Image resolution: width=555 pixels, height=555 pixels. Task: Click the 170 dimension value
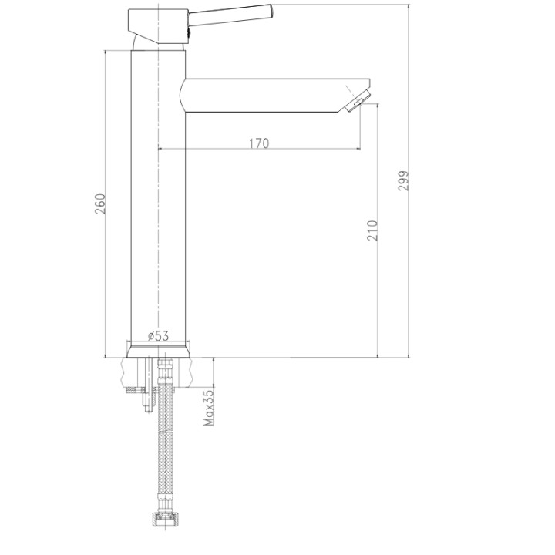(259, 143)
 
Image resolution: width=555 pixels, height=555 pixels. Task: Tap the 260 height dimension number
(99, 203)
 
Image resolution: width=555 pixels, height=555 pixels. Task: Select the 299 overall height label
(403, 181)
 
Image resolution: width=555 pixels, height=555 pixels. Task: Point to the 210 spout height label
(372, 230)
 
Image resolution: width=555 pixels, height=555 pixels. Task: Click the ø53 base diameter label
(158, 335)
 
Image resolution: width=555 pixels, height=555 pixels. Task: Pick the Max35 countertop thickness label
(209, 408)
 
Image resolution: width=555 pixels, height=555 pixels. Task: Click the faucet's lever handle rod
(230, 15)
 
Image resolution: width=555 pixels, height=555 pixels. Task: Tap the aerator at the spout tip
(358, 101)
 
